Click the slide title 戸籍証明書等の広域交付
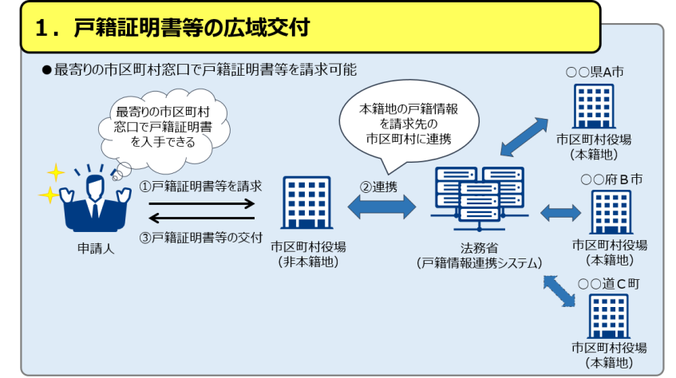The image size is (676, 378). point(192,26)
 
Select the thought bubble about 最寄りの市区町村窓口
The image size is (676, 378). point(164,127)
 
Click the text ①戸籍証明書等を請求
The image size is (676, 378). point(201,186)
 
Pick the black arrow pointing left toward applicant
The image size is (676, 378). point(201,218)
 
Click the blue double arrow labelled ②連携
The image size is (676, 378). point(381,207)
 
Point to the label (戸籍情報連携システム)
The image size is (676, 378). point(479,262)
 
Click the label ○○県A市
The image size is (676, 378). point(595,72)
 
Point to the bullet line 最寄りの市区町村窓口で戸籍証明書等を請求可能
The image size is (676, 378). point(204,70)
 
